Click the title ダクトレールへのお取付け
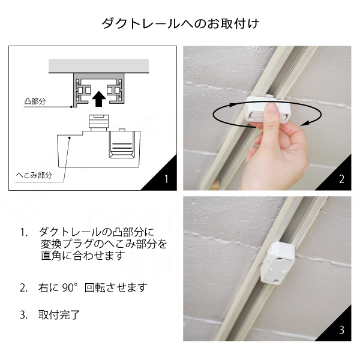click(x=181, y=23)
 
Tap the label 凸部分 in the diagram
click(x=35, y=101)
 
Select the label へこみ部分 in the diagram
click(x=34, y=175)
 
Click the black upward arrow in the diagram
click(x=99, y=99)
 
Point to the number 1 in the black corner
click(x=166, y=179)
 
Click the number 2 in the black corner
click(x=341, y=179)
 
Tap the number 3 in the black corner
click(x=341, y=330)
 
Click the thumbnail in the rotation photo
click(x=272, y=110)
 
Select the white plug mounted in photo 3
click(x=277, y=262)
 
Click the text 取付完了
click(x=59, y=315)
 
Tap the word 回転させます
click(x=116, y=287)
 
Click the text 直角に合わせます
click(x=83, y=256)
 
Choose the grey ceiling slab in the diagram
click(x=99, y=65)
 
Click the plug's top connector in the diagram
click(x=99, y=122)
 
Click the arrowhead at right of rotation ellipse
click(x=305, y=124)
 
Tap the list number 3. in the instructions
click(x=23, y=315)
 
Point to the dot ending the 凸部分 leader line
click(x=71, y=107)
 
